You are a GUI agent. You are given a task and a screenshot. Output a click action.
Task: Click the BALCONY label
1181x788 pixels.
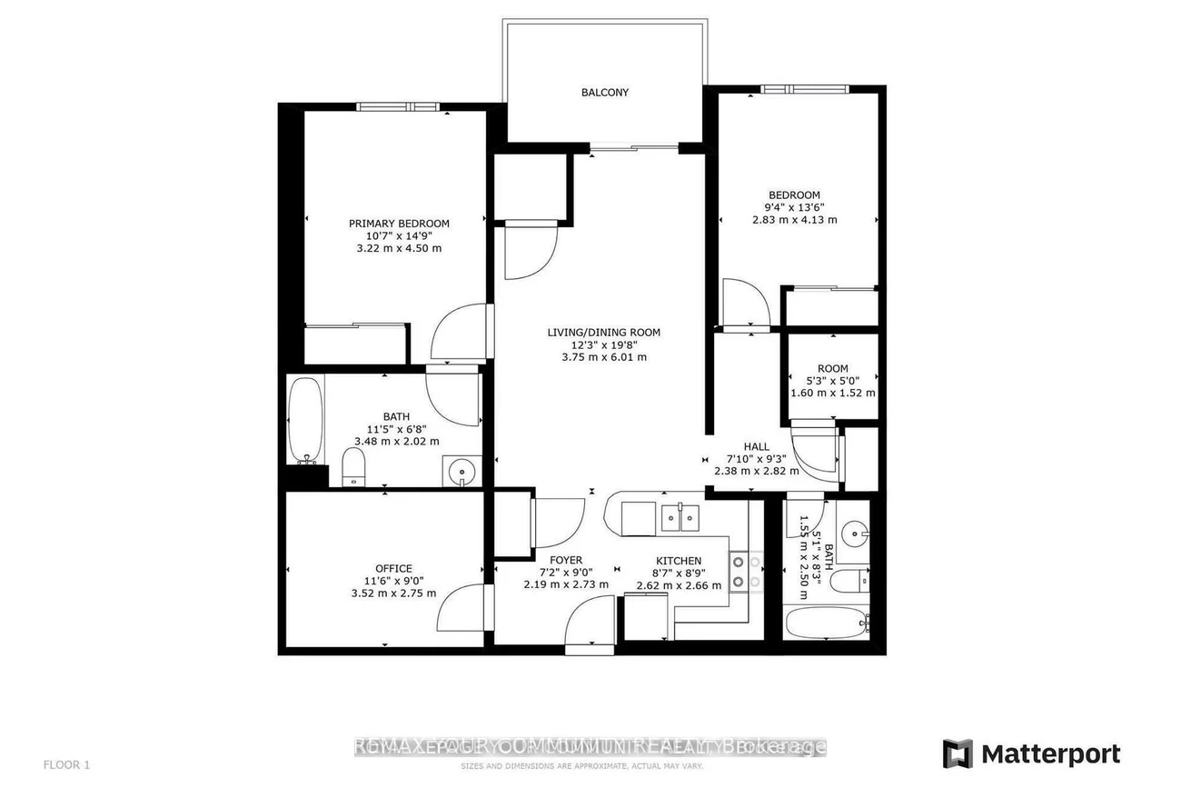604,93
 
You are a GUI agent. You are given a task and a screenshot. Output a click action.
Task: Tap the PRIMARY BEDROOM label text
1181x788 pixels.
399,224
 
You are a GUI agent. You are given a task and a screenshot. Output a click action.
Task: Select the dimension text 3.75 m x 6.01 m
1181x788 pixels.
603,357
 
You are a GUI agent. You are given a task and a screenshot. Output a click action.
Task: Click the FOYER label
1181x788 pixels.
565,560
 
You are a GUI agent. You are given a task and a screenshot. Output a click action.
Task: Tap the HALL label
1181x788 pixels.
756,447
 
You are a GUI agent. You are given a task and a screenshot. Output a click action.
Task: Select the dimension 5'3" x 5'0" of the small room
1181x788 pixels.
832,381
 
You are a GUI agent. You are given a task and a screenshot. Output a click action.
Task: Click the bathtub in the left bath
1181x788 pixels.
304,420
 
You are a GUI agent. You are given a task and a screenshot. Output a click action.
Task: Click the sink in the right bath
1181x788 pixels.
852,532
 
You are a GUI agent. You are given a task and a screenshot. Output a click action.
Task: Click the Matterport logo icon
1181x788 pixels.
958,753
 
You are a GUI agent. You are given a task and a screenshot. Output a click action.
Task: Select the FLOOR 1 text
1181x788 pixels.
66,764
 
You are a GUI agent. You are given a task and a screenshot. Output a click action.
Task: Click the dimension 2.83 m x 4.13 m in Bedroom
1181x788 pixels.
794,219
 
